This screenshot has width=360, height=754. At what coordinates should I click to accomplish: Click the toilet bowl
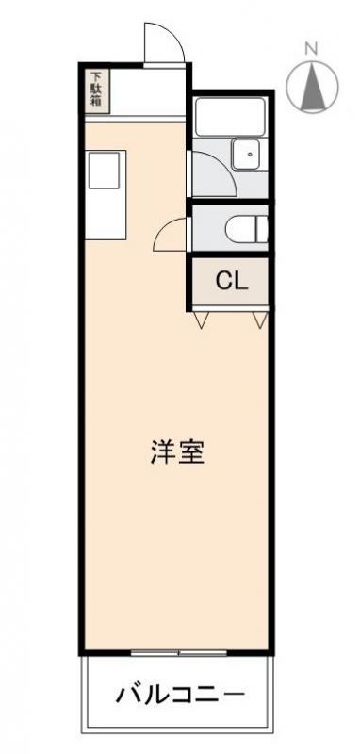241,229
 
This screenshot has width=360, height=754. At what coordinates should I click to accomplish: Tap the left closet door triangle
200,320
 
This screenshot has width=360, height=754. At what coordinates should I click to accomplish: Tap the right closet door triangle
260,320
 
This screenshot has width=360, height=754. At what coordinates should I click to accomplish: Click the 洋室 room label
177,452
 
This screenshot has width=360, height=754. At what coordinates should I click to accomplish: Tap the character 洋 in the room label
162,452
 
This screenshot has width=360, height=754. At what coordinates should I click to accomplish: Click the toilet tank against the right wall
263,229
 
